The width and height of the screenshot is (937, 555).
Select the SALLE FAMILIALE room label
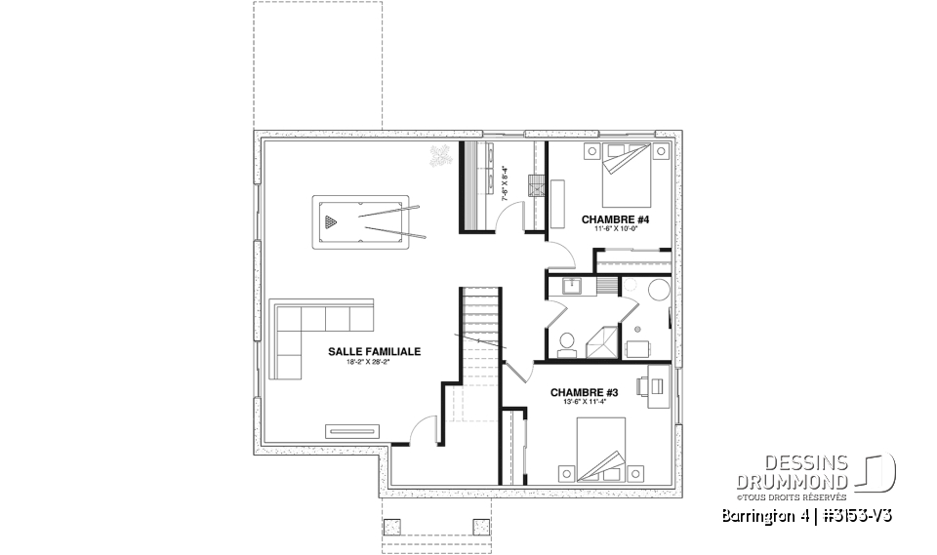pos(360,351)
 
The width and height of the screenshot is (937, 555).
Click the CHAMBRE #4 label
pos(615,218)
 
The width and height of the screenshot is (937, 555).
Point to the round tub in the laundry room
pos(657,290)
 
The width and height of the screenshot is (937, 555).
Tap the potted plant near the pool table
pos(441,155)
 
